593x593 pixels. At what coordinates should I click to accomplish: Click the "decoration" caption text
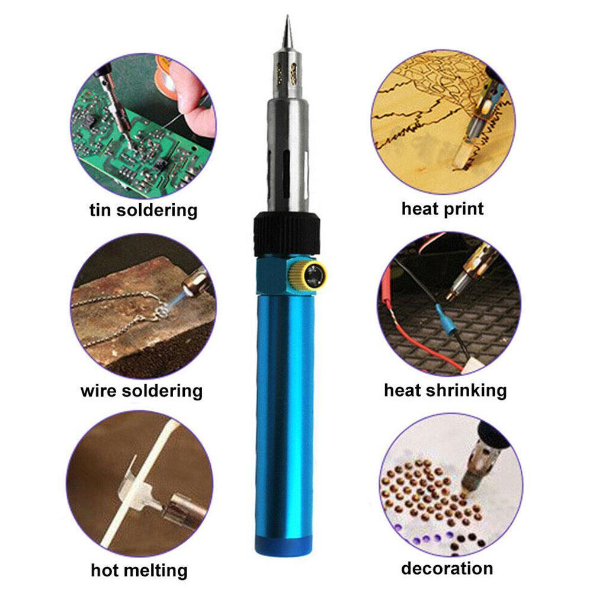tap(447, 569)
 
